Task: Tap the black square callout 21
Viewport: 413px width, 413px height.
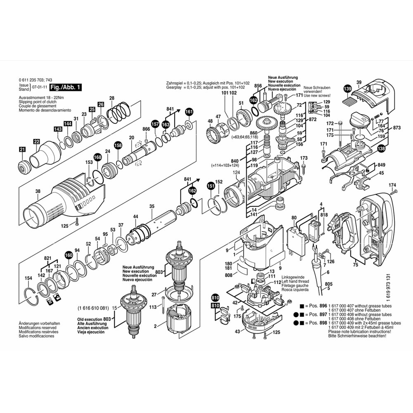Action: pyautogui.click(x=22, y=150)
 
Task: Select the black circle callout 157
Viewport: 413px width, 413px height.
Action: pyautogui.click(x=155, y=123)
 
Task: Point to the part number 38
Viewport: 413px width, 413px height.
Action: pyautogui.click(x=38, y=191)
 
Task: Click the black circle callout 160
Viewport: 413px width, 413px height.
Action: pyautogui.click(x=69, y=255)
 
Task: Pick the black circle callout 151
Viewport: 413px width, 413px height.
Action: pyautogui.click(x=211, y=186)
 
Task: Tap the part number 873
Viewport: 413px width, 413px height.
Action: pyautogui.click(x=396, y=128)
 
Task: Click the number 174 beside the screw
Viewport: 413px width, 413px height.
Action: pyautogui.click(x=392, y=185)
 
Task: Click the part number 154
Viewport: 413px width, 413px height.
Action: pyautogui.click(x=28, y=278)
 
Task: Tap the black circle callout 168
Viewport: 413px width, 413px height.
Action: pyautogui.click(x=97, y=157)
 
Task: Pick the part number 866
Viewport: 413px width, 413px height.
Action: pyautogui.click(x=146, y=129)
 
